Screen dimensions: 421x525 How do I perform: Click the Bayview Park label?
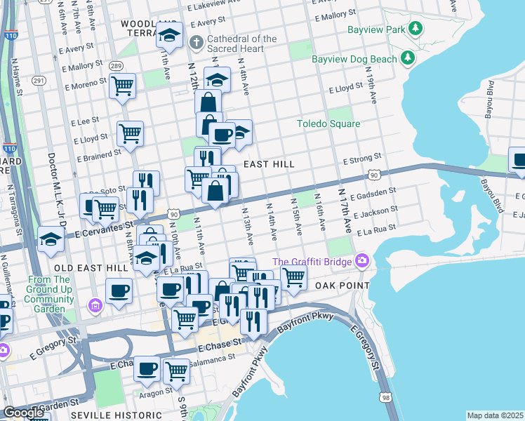376,30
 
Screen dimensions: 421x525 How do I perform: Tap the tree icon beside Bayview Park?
416,29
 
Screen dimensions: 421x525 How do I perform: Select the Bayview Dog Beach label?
354,60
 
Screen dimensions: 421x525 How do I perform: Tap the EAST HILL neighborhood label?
268,163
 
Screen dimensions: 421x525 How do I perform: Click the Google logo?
23,413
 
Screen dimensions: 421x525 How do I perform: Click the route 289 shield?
115,66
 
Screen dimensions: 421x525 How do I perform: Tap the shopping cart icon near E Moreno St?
123,86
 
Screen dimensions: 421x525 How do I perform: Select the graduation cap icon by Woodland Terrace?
169,35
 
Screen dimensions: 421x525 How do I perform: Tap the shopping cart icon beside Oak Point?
293,277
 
